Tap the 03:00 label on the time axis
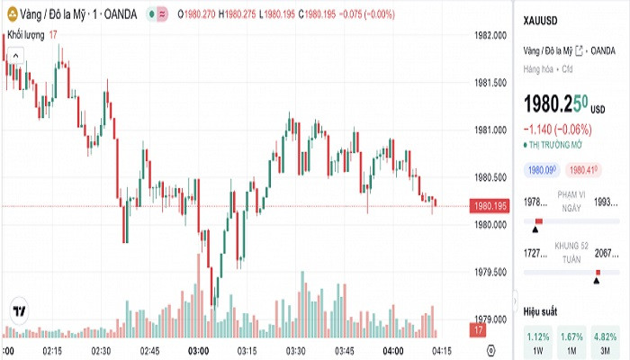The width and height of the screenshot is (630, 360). click(x=198, y=350)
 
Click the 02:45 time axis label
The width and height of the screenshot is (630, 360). click(x=149, y=350)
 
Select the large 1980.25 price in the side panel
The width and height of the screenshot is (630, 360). click(x=556, y=103)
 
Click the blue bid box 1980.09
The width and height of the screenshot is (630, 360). click(x=542, y=169)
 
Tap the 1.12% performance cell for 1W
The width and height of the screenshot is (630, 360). click(x=538, y=341)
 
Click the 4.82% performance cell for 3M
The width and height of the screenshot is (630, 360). click(x=605, y=341)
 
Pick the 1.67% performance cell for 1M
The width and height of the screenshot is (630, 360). click(x=571, y=341)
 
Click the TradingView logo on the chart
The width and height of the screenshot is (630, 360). click(x=17, y=310)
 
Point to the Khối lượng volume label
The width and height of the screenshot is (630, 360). click(x=26, y=34)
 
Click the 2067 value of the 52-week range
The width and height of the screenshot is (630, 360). click(x=608, y=254)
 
